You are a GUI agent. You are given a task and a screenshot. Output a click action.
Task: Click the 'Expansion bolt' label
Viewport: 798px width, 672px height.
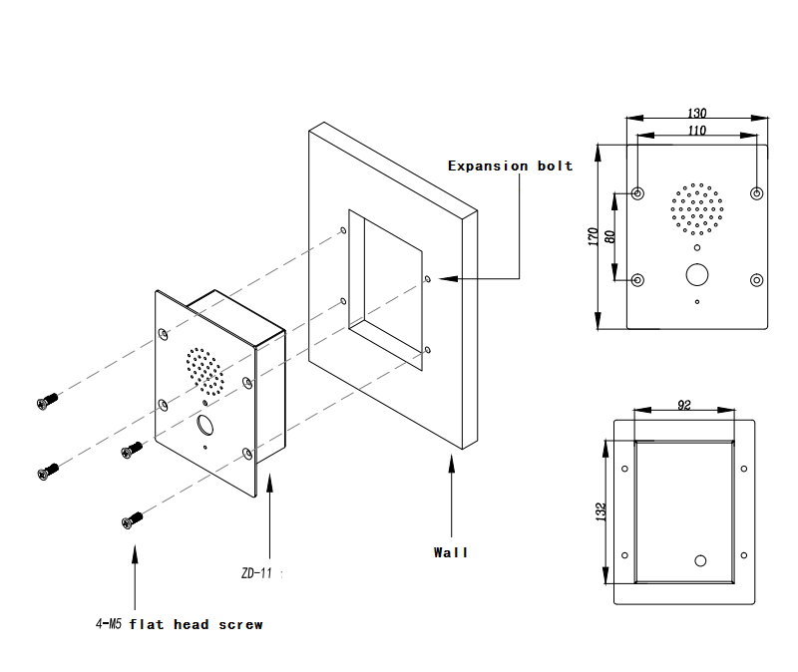[x=510, y=166]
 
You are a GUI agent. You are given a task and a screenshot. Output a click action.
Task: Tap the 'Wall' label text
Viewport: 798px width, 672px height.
[x=450, y=551]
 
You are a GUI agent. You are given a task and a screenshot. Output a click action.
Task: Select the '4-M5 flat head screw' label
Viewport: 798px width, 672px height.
[x=179, y=624]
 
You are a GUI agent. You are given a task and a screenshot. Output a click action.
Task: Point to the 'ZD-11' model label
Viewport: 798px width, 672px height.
[x=258, y=573]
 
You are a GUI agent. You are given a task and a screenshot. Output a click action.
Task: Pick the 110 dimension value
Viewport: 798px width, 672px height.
[x=697, y=131]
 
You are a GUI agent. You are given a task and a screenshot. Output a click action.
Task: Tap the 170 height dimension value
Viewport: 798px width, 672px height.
[x=593, y=236]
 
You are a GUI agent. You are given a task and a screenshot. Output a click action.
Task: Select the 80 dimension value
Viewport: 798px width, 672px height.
[x=609, y=236]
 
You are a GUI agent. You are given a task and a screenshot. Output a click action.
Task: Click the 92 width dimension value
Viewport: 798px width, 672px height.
[x=684, y=405]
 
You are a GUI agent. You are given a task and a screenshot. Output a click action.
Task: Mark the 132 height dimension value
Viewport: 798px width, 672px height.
[x=600, y=511]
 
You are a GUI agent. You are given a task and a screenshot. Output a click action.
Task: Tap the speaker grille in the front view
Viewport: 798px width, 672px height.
[x=696, y=209]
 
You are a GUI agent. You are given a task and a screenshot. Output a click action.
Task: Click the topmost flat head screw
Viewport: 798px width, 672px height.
[x=46, y=401]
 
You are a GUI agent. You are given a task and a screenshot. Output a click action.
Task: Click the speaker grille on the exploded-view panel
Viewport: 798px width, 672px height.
[x=204, y=370]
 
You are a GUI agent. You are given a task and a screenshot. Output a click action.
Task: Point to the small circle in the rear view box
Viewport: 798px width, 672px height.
[x=700, y=560]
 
